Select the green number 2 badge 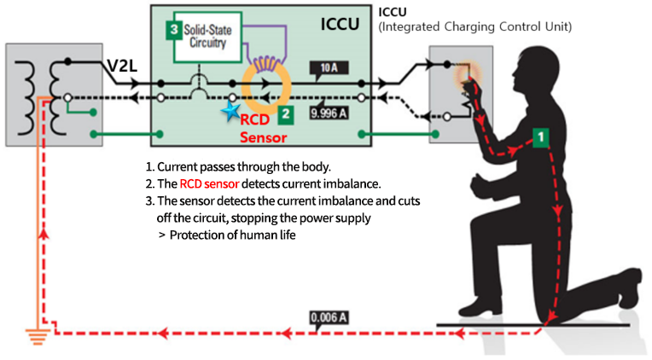click(x=287, y=112)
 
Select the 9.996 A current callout click(x=327, y=111)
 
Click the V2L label click(x=123, y=66)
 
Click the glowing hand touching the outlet click(x=467, y=78)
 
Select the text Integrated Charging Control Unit click(x=474, y=27)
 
